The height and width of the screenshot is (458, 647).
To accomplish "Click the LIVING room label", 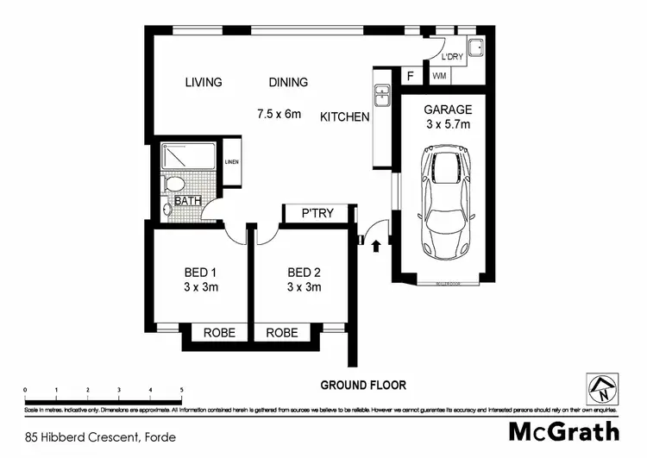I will coord(204,83).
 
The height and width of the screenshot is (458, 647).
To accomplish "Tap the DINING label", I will coord(287,83).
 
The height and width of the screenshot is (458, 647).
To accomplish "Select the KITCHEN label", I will coord(345,116).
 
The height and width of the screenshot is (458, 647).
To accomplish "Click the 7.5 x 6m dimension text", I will coord(279,113).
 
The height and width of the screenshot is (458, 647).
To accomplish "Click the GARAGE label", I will coord(447,110).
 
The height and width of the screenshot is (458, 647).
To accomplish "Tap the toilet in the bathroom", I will coord(173,184).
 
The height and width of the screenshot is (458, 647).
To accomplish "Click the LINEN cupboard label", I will coord(231,162).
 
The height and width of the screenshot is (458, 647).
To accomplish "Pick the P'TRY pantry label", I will coord(316,214).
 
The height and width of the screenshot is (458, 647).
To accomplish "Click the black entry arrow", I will coord(376,247).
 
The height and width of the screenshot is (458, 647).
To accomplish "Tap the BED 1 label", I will coord(200,273).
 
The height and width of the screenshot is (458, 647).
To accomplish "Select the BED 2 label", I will coord(304,273).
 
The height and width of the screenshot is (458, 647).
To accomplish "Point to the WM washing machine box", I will coord(439,76).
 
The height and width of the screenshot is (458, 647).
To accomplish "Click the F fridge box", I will coord(411,76).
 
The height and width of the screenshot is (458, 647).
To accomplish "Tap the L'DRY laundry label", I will coord(453,57).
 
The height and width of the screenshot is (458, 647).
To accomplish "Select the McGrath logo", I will coord(563,431).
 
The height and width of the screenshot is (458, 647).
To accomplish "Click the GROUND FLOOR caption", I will coord(363,385).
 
